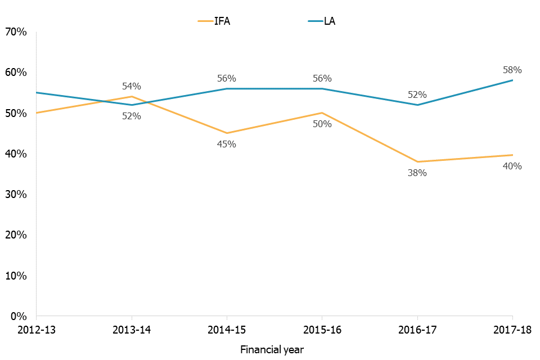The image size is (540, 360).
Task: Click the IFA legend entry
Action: (214, 21)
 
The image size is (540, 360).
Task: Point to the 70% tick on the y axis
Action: (17, 32)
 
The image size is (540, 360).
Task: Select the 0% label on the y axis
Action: (20, 316)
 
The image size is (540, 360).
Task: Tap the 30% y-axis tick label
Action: (17, 194)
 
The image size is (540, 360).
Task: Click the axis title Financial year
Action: (272, 349)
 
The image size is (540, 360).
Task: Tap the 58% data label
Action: (512, 70)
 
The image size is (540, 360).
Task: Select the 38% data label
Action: (417, 173)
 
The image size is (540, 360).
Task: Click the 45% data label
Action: (227, 144)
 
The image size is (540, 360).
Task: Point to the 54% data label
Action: (132, 86)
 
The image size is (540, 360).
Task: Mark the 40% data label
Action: (512, 166)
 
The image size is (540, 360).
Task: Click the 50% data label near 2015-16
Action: (322, 124)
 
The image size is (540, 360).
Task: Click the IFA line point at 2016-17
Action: (417, 162)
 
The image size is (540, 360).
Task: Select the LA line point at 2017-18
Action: (512, 80)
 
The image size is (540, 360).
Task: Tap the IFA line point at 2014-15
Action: (227, 133)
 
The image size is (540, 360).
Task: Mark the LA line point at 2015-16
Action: (322, 88)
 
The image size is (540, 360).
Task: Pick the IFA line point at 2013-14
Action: (132, 96)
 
